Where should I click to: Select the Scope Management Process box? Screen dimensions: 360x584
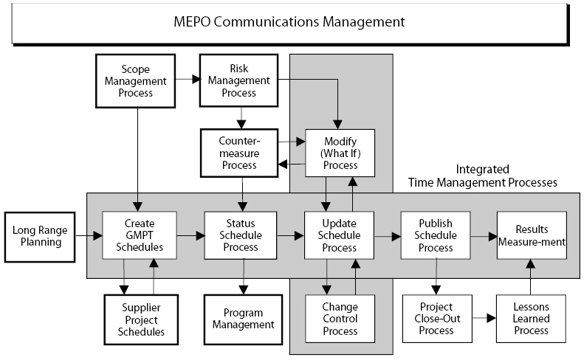135,81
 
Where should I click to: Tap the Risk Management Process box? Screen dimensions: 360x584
233,81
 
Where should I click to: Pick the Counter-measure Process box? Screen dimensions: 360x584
238,152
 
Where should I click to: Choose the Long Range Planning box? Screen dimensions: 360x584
41,235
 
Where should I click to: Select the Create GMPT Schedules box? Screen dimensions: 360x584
140,235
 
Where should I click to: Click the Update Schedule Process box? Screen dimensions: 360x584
340,235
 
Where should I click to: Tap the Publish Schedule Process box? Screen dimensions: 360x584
436,235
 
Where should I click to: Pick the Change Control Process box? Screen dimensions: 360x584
340,319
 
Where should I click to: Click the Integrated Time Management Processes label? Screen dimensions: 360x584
483,176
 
